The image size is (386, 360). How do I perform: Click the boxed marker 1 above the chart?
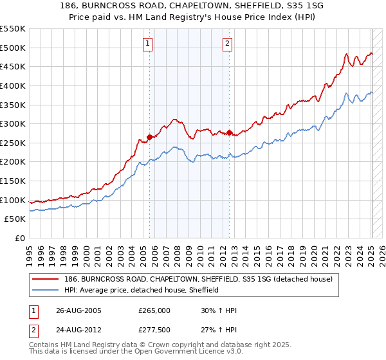point(148,44)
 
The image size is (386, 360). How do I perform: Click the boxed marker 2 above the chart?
point(228,44)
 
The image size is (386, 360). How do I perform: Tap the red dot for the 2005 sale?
point(150,137)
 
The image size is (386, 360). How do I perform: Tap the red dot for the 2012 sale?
point(230,132)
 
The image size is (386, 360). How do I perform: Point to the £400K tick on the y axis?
point(13,85)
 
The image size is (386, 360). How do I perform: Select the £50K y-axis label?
point(15,219)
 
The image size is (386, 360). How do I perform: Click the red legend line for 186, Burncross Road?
point(46,279)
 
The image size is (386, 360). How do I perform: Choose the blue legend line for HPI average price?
point(46,290)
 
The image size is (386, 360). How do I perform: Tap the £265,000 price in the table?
point(154,310)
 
